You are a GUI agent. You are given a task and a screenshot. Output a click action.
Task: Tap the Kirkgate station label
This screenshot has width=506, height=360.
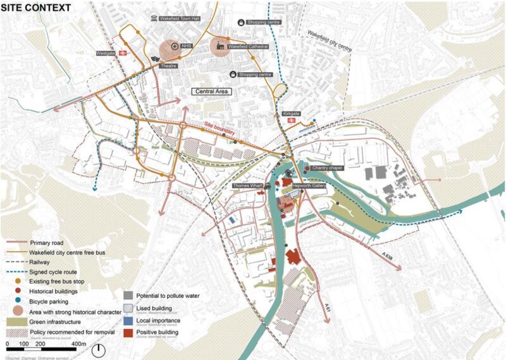(291, 114)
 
